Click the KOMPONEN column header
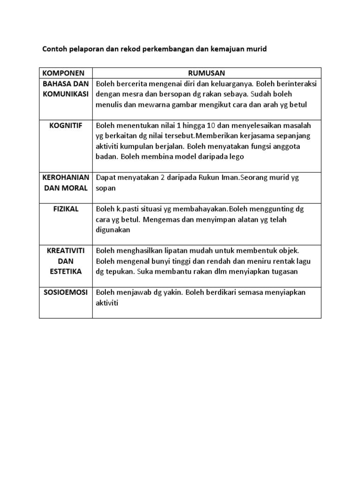(63, 73)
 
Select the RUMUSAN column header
(206, 73)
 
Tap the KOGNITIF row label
(66, 126)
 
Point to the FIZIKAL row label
(66, 209)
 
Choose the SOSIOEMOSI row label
(66, 292)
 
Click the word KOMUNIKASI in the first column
(66, 94)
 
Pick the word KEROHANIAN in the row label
(66, 178)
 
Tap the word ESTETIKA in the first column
(66, 271)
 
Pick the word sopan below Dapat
(106, 188)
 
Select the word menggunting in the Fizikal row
(265, 209)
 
